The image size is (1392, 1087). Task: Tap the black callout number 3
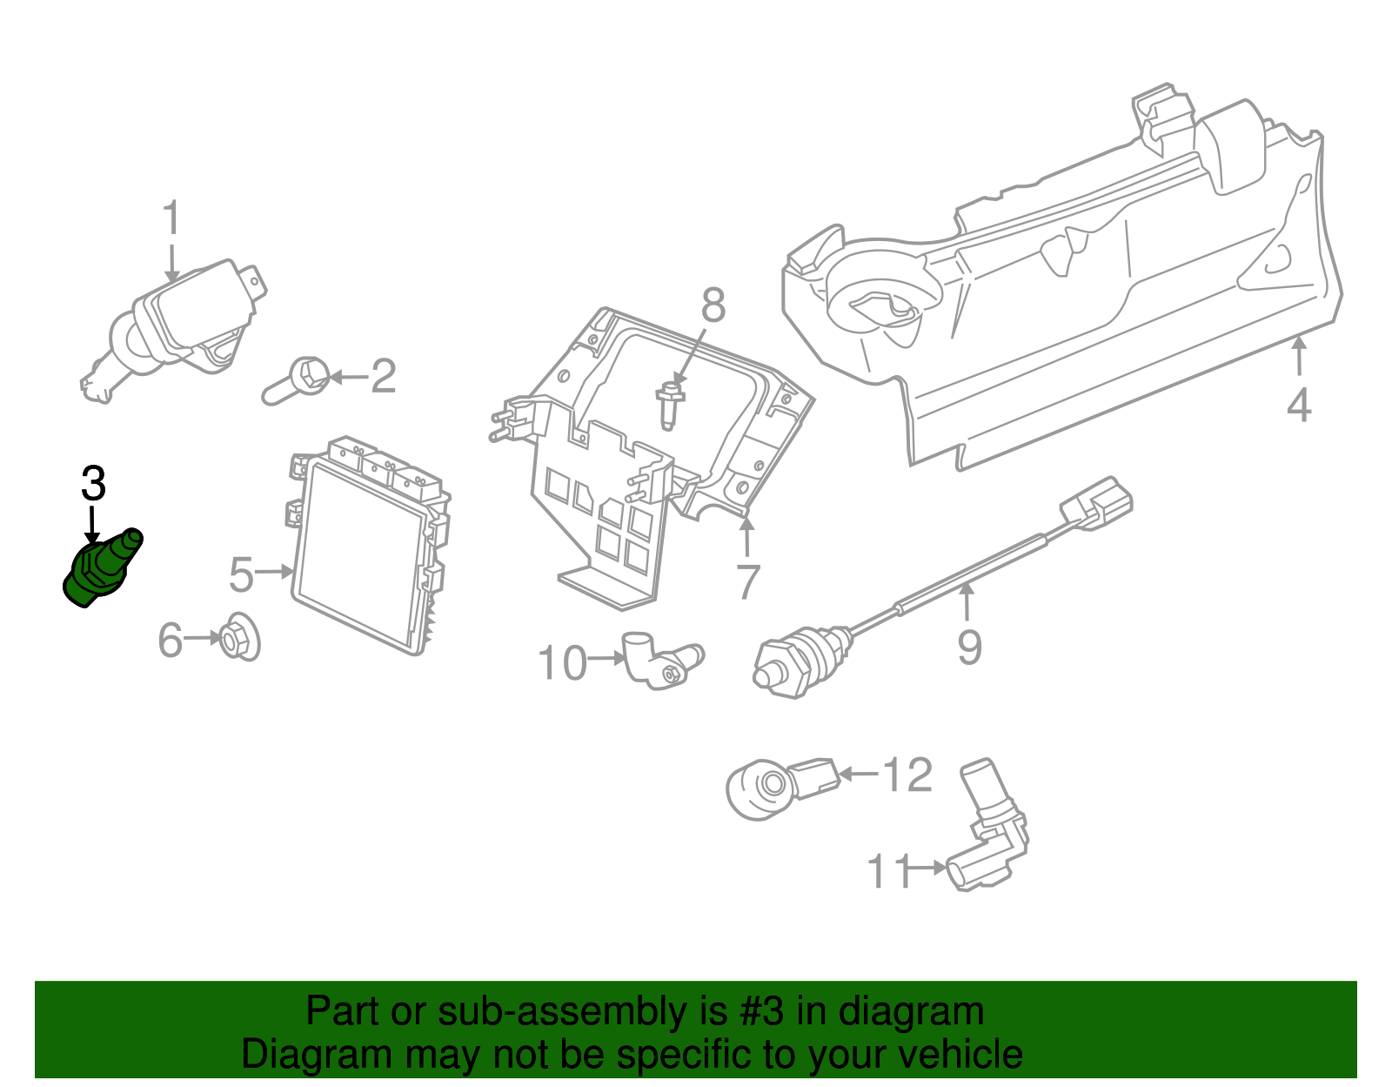tap(93, 484)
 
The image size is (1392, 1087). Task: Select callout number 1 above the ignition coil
tap(171, 218)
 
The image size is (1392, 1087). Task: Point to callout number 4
tap(1298, 406)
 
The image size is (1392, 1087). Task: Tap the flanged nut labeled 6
tap(238, 640)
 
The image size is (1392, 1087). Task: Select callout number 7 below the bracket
tap(747, 581)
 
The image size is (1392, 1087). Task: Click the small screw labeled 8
tap(669, 405)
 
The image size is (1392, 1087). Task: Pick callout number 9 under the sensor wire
tap(969, 647)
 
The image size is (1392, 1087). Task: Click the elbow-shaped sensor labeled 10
tap(661, 661)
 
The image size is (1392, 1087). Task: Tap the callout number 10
tap(563, 663)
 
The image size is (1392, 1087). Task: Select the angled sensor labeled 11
tap(990, 835)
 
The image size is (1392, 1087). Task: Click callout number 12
tap(907, 775)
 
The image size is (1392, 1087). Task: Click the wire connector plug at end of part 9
tap(1096, 504)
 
